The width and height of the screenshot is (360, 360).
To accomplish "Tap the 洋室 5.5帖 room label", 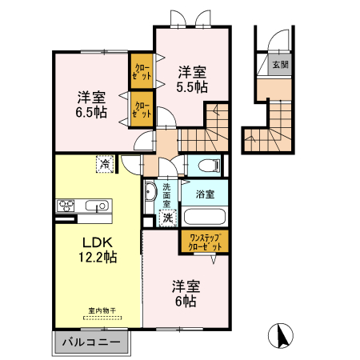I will click(x=191, y=78).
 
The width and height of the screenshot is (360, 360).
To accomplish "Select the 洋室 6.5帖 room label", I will click(x=91, y=104).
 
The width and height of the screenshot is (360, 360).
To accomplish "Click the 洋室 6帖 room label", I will click(x=185, y=293).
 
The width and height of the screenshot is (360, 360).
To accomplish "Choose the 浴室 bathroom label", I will click(x=204, y=194).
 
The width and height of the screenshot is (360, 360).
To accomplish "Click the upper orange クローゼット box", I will click(x=142, y=71).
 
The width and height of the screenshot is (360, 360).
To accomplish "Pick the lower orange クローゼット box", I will click(x=142, y=109).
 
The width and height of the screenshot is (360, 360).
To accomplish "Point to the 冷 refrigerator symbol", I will click(x=105, y=164).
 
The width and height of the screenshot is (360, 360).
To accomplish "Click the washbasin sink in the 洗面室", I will click(x=150, y=192).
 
